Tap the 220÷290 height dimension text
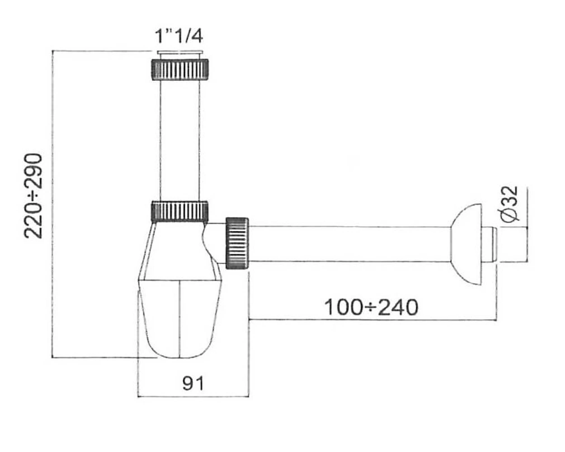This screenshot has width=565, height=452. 33,196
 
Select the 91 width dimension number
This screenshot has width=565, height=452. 193,383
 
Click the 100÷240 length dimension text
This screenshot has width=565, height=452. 372,307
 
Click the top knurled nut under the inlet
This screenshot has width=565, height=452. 180,69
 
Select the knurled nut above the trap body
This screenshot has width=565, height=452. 180,212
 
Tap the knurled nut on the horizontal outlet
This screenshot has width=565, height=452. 237,243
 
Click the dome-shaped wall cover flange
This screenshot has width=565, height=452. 466,244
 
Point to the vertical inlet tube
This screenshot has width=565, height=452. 180,140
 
